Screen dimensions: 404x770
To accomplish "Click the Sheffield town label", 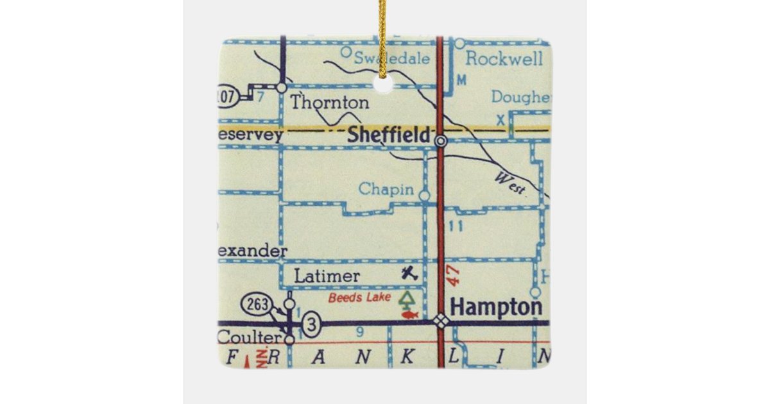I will click(x=388, y=135).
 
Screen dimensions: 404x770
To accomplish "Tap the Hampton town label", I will click(x=495, y=307).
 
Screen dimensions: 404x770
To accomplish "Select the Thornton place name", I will click(x=330, y=102).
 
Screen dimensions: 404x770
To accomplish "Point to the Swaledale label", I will click(x=393, y=58).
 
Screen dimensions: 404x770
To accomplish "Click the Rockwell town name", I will click(x=504, y=59).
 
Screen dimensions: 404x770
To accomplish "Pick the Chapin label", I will click(x=386, y=189).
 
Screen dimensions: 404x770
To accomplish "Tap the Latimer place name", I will click(x=327, y=276).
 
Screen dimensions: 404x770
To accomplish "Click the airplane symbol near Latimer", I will click(x=409, y=273).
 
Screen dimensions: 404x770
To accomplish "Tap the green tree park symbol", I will click(x=406, y=299).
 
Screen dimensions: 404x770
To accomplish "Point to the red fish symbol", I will click(x=409, y=314).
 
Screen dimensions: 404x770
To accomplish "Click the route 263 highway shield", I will click(x=254, y=304).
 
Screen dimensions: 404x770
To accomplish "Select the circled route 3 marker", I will click(x=311, y=325).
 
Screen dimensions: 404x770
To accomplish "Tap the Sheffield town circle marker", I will click(x=441, y=140).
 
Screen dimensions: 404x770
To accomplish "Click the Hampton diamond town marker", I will click(x=441, y=322).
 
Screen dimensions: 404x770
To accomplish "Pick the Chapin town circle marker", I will click(x=424, y=194).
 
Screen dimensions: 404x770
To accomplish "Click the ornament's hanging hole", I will click(x=383, y=84).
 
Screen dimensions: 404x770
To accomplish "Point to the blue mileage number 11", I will click(x=456, y=226).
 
